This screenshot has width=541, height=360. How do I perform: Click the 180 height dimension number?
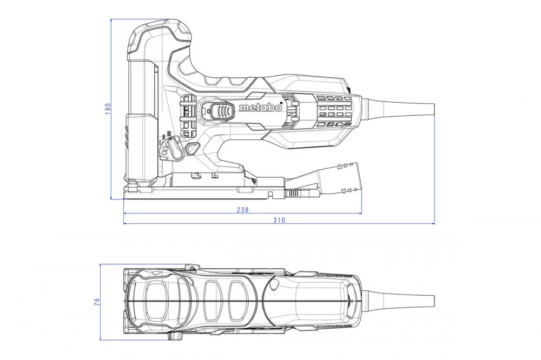pyautogui.click(x=108, y=109)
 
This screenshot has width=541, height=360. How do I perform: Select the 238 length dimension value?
pyautogui.click(x=242, y=209)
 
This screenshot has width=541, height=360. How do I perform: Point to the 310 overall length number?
pyautogui.click(x=279, y=220)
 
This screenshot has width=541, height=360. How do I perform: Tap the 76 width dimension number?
pyautogui.click(x=97, y=302)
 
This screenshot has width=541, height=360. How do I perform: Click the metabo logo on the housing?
pyautogui.click(x=261, y=108)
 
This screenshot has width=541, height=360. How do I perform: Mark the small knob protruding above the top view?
pyautogui.click(x=191, y=268)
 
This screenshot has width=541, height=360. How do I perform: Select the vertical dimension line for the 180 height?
pyautogui.click(x=111, y=109)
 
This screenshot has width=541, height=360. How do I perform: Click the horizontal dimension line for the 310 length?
pyautogui.click(x=279, y=223)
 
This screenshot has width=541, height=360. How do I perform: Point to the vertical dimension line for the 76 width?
pyautogui.click(x=101, y=302)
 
